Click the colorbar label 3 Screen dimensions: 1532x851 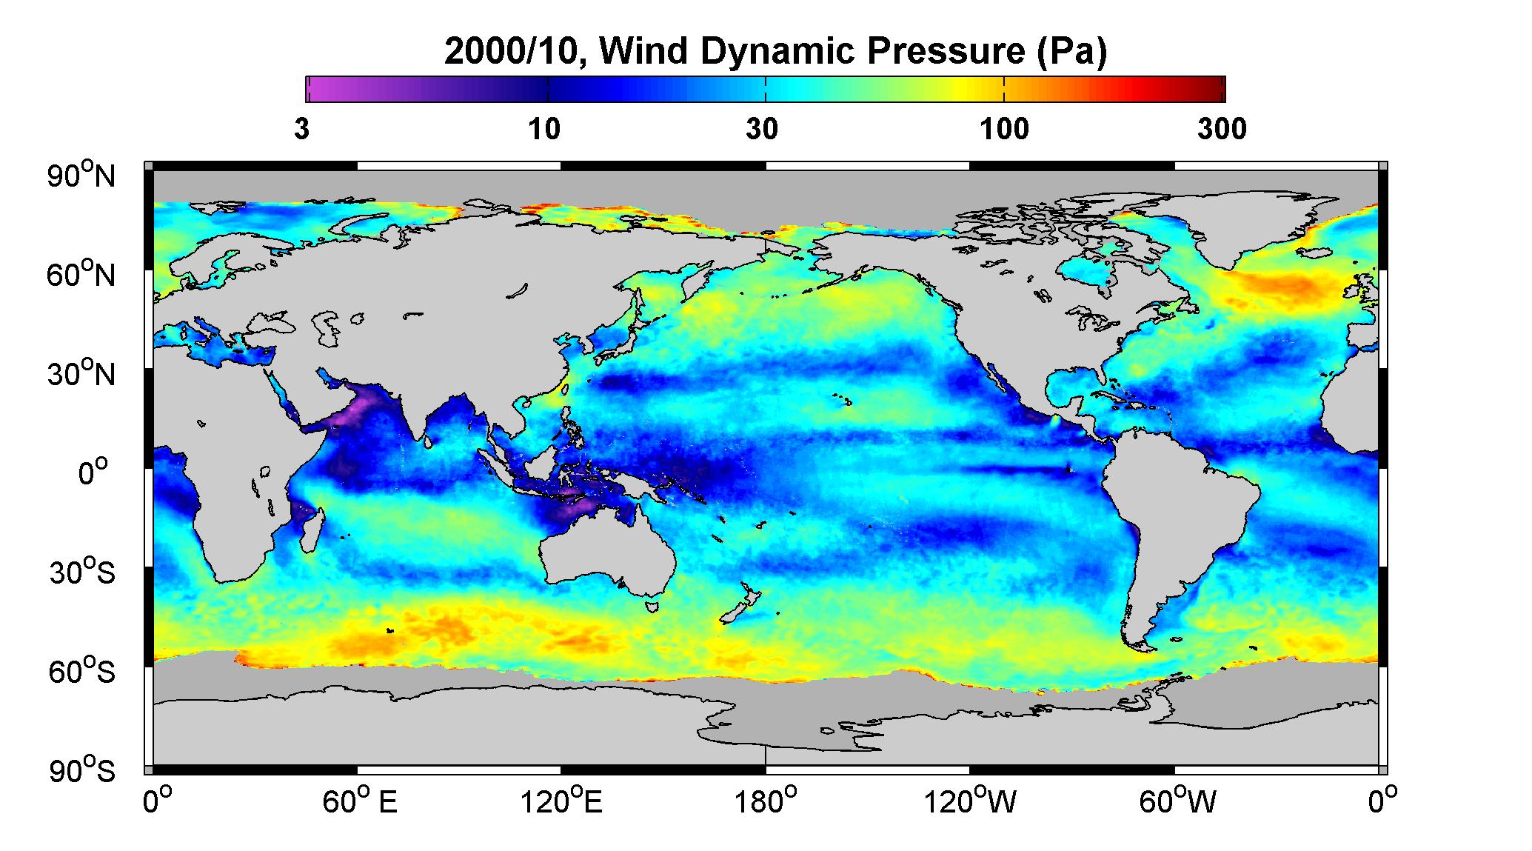click(x=301, y=130)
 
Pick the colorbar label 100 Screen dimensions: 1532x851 click(x=1004, y=130)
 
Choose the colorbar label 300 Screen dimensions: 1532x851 click(x=1222, y=130)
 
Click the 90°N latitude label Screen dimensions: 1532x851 click(x=82, y=176)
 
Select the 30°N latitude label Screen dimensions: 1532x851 click(x=82, y=373)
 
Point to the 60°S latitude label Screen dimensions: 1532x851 click(x=82, y=672)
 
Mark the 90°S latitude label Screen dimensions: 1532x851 click(x=82, y=771)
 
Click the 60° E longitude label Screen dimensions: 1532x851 click(x=359, y=801)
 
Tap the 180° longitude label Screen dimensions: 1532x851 click(x=766, y=801)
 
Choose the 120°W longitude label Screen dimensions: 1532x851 click(x=970, y=801)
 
